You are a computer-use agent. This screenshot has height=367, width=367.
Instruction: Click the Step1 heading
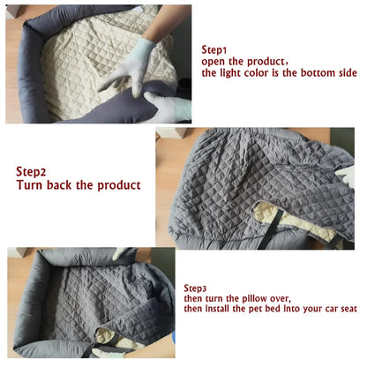point(214,50)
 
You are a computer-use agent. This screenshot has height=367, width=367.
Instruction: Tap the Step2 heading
point(31,172)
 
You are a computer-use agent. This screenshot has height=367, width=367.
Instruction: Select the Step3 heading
point(195,288)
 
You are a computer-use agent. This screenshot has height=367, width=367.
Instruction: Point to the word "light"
point(232,73)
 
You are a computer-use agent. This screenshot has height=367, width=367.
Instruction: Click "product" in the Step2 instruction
point(119,185)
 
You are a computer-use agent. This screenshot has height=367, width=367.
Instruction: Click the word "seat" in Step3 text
point(348,309)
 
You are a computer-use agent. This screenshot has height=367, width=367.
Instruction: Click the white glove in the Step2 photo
point(347,176)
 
